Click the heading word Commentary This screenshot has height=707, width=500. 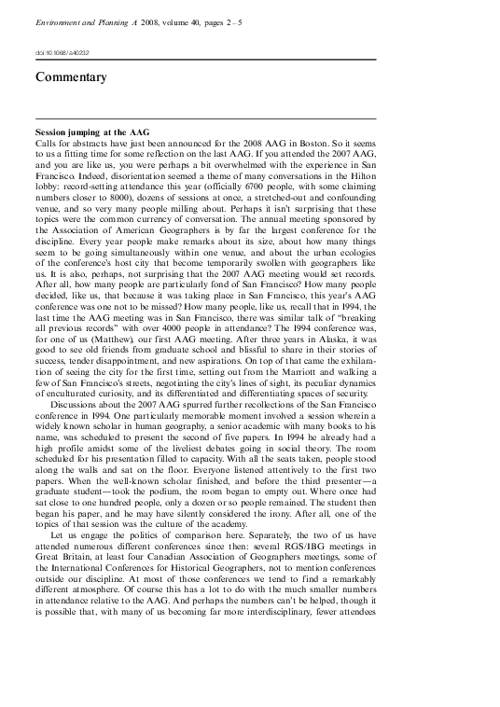71,77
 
